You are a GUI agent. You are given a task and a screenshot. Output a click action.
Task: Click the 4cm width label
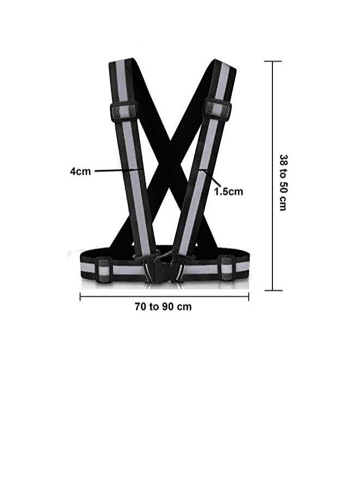(80, 171)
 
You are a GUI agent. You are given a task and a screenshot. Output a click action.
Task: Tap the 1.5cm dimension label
(228, 191)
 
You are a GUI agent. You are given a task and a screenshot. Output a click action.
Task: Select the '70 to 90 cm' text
(163, 306)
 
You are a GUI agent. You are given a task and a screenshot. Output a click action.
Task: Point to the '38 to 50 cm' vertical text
(283, 182)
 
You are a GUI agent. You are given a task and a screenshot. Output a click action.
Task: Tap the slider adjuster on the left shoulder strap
(123, 111)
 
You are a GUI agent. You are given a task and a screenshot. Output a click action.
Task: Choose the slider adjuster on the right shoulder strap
(218, 108)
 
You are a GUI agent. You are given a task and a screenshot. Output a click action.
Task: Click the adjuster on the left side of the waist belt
(104, 269)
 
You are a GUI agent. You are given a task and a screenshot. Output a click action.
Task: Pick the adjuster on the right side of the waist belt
(227, 268)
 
